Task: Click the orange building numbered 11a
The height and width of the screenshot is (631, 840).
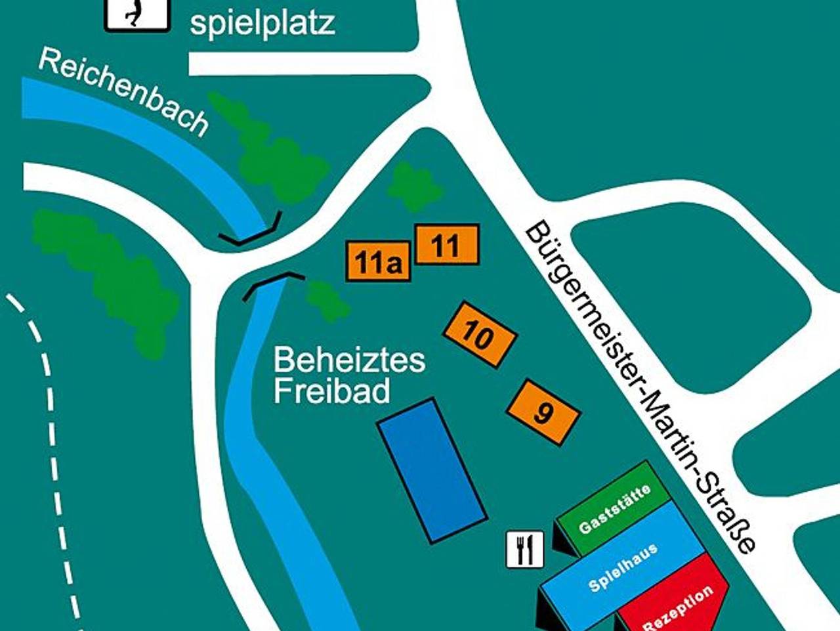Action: click(378, 262)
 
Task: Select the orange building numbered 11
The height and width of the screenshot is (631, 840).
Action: click(447, 245)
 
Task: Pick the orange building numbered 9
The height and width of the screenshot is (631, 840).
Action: click(543, 412)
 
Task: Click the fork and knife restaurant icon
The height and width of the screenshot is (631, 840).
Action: click(525, 549)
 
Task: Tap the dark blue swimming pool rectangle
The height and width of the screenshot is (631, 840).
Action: click(432, 470)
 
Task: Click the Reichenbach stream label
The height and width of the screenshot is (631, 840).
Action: click(123, 93)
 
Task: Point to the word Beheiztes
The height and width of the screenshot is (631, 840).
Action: click(349, 360)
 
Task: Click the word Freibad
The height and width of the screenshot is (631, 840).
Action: click(331, 391)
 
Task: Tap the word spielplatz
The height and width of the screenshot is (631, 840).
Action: click(262, 23)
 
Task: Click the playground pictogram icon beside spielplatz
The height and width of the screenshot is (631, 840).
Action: click(137, 13)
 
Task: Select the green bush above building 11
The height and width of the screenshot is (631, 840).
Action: click(413, 188)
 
